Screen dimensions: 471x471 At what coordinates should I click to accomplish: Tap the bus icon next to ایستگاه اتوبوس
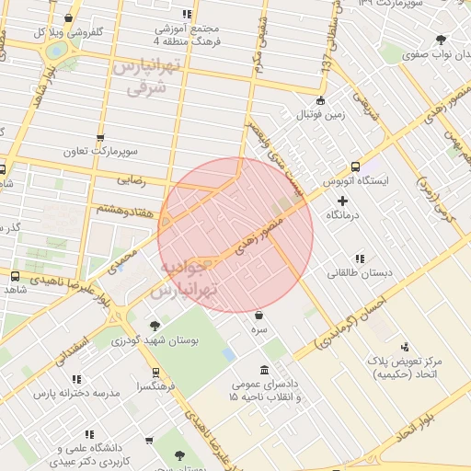pos(355,167)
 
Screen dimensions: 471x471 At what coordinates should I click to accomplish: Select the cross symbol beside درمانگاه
pos(343,200)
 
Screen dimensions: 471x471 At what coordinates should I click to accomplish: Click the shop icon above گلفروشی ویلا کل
pos(69,17)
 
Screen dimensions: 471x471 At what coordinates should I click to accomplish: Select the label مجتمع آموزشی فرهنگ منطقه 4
pos(189,35)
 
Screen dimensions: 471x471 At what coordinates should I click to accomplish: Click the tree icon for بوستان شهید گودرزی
pos(154,326)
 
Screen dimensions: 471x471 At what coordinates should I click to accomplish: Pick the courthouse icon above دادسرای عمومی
pos(265,370)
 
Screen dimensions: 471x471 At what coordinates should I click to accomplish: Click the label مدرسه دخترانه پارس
pos(77,393)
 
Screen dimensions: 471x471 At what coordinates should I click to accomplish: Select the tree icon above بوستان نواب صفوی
pos(441,40)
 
